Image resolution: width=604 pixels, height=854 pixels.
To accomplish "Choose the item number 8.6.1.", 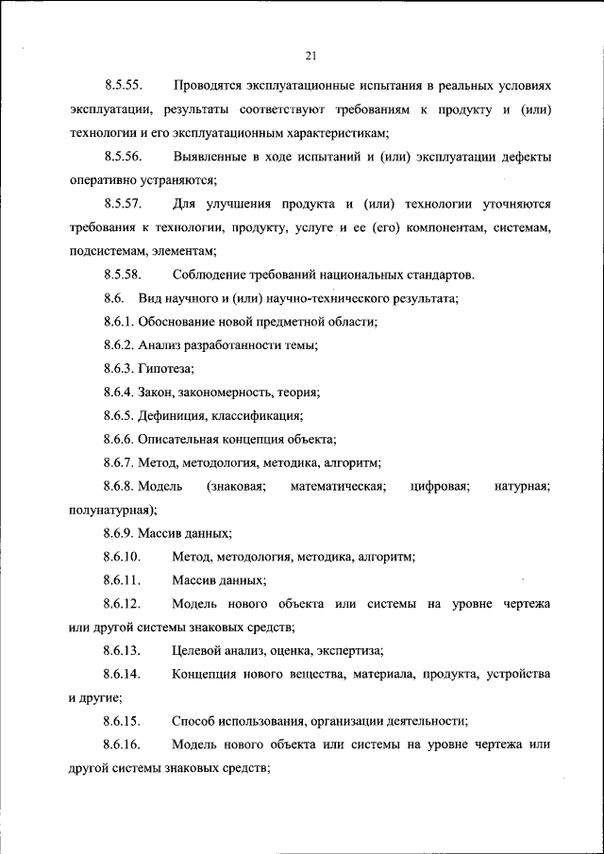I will coord(119,322).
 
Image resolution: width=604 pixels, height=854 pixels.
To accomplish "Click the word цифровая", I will coord(440,486).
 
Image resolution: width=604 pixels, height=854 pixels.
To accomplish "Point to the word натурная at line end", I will coord(522,486).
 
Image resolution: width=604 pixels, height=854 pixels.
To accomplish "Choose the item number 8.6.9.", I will coord(119,533).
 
